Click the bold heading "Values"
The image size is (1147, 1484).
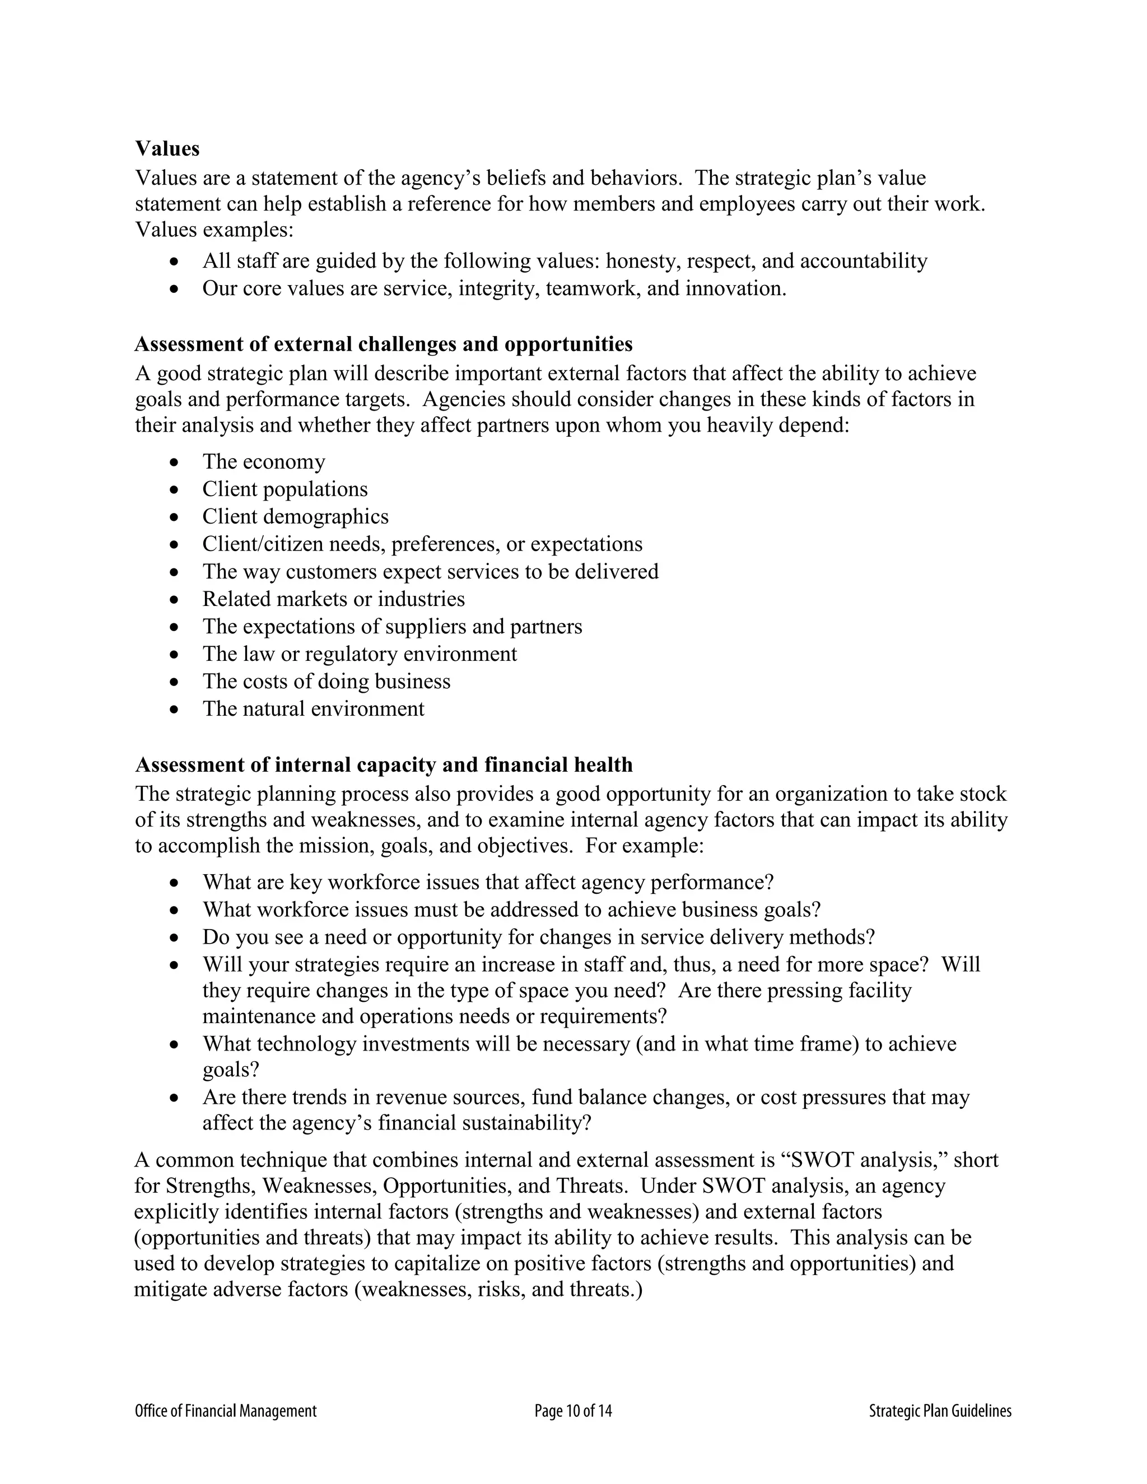point(167,149)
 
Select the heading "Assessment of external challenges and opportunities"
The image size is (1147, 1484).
point(383,344)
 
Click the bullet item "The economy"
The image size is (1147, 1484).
point(264,462)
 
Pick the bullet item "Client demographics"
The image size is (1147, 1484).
point(296,517)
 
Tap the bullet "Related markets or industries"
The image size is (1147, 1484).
point(334,599)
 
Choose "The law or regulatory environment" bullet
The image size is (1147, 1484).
point(360,654)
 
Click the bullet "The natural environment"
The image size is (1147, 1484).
point(313,710)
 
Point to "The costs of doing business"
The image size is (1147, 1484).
point(326,682)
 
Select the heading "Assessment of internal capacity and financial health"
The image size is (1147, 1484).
point(383,765)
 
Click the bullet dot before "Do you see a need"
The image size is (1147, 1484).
point(175,937)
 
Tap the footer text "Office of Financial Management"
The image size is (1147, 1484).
point(226,1411)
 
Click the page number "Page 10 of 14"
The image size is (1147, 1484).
point(573,1411)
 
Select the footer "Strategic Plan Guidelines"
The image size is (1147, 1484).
point(940,1411)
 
